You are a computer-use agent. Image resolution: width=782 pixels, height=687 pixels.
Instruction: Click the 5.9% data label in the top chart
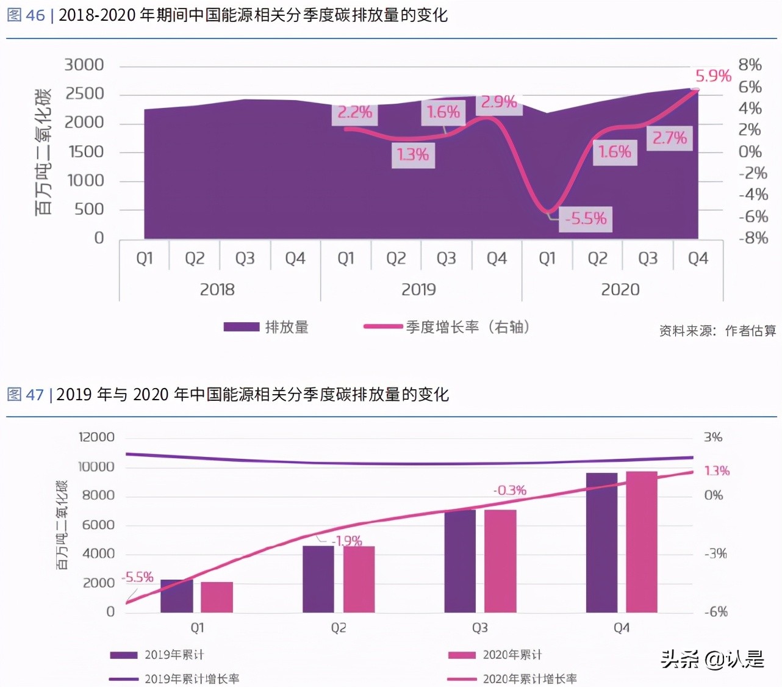(712, 76)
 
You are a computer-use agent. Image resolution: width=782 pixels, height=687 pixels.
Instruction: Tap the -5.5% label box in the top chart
(586, 218)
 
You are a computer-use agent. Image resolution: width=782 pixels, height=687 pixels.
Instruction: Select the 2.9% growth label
(498, 102)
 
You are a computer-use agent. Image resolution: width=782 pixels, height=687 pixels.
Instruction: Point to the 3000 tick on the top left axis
(84, 65)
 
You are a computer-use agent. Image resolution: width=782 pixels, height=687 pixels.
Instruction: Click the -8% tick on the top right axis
(753, 237)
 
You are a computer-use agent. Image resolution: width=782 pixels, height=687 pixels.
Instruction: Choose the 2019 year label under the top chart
(418, 289)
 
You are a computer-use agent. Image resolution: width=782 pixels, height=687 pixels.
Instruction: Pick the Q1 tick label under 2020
(547, 259)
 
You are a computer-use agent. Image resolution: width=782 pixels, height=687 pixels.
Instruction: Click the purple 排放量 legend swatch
(241, 327)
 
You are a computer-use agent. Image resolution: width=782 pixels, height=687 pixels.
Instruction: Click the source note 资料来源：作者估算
(717, 331)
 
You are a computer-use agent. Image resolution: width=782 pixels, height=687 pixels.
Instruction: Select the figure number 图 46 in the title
(26, 15)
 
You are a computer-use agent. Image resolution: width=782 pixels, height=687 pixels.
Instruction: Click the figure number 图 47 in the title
(25, 395)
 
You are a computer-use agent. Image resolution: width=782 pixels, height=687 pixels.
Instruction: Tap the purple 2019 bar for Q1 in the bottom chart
(176, 596)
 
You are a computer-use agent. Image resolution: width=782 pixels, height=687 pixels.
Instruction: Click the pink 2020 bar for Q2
(359, 579)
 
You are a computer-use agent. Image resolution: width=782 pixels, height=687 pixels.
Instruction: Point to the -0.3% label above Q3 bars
(509, 491)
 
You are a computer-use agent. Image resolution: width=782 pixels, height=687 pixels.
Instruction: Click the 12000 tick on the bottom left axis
(96, 437)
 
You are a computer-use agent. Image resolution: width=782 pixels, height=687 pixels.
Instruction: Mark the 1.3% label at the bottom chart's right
(717, 470)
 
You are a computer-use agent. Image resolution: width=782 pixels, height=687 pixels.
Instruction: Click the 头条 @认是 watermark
(712, 660)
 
